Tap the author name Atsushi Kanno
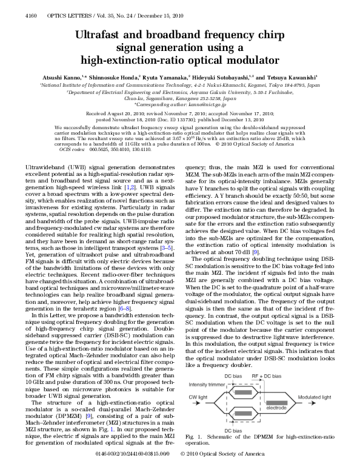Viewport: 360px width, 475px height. coord(63,78)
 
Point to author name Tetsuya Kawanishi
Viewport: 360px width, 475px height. coord(294,78)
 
